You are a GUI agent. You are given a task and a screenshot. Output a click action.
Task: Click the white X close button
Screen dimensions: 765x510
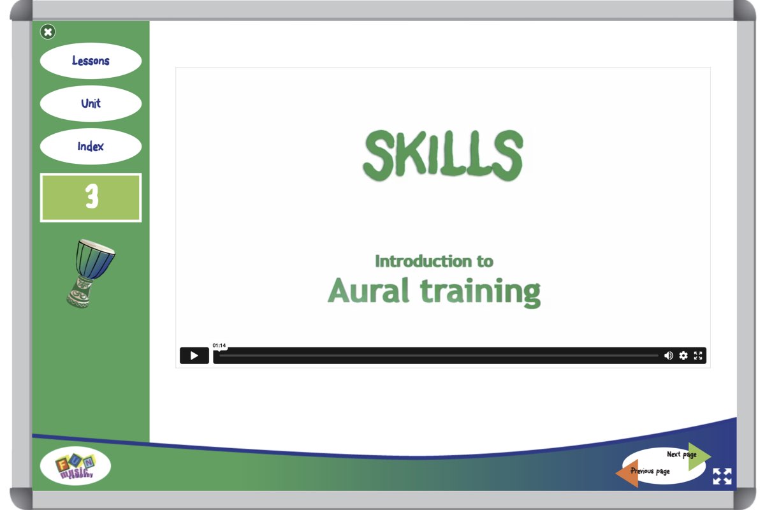pos(48,32)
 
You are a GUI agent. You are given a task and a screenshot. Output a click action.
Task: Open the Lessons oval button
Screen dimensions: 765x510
pos(91,61)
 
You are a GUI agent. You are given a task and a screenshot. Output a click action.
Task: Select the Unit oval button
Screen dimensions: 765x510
pos(91,103)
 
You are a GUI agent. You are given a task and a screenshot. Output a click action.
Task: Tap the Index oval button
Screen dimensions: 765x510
pos(91,147)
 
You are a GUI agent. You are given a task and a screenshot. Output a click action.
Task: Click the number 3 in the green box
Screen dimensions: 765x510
pos(92,196)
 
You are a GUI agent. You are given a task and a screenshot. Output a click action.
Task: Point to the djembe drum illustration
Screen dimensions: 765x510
pos(90,273)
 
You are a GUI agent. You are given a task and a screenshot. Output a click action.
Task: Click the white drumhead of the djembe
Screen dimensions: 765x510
pos(98,246)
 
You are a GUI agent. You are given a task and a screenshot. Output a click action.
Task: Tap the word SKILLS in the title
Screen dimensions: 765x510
pos(443,156)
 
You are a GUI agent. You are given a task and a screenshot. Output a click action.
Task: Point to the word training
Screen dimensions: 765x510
pos(480,293)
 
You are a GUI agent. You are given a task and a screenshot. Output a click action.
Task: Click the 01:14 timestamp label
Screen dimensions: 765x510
pos(219,346)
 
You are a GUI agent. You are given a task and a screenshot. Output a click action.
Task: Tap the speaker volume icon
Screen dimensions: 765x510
pos(668,356)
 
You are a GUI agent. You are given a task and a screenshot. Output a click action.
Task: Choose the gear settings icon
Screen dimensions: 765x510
pos(683,356)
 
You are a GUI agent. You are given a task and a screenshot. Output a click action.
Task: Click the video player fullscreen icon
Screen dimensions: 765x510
pos(698,356)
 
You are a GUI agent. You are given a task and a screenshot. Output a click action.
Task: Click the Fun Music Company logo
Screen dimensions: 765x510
pos(75,465)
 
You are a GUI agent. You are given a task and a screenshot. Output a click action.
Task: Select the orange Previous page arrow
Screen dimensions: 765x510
pos(629,473)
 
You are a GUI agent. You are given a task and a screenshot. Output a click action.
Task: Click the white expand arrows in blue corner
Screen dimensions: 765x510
pos(722,476)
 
